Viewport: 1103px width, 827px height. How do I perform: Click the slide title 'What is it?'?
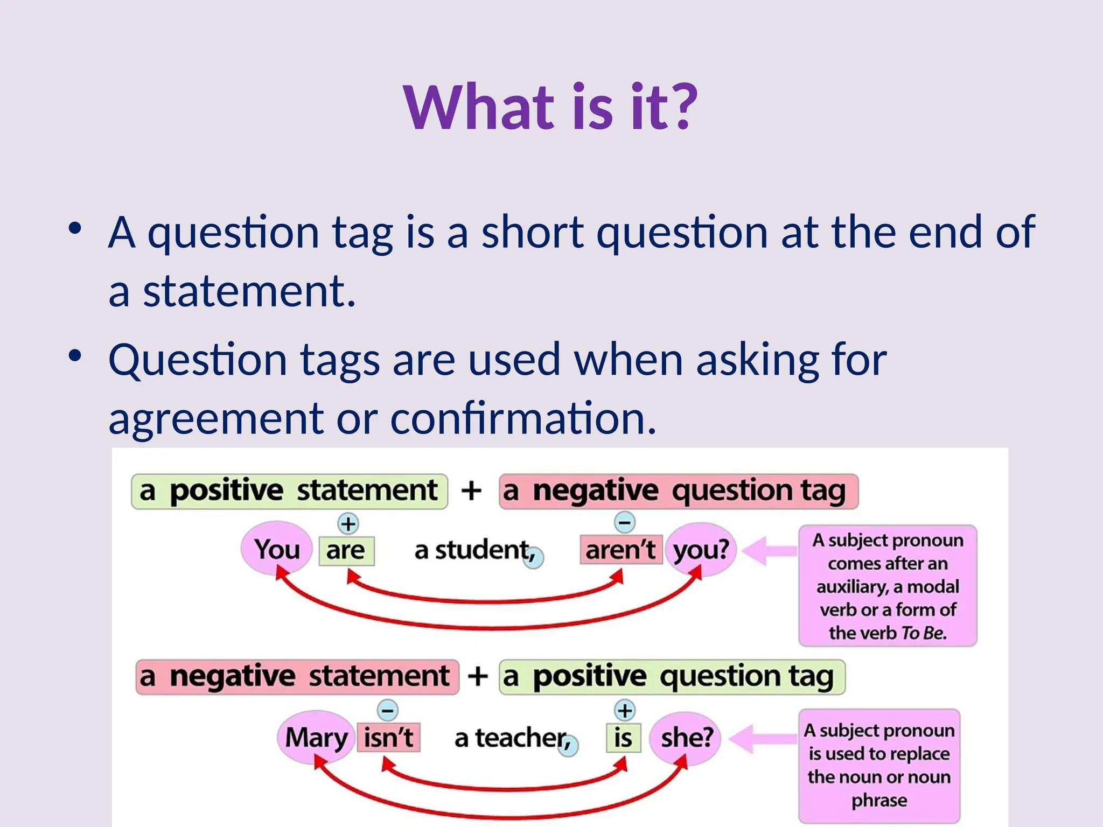(x=550, y=107)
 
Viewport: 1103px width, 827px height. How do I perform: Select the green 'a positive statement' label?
(x=289, y=491)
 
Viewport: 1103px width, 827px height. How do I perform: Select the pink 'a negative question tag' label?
(x=678, y=491)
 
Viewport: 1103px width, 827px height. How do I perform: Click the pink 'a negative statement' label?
(x=297, y=677)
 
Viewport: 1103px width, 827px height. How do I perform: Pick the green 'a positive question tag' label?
(x=672, y=677)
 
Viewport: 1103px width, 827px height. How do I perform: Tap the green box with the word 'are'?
(x=346, y=550)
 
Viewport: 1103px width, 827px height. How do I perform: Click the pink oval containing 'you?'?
(x=701, y=550)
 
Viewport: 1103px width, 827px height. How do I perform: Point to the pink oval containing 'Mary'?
(x=316, y=737)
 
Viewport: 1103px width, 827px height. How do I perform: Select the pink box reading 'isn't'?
(x=388, y=737)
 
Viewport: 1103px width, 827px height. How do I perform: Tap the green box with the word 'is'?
(x=623, y=737)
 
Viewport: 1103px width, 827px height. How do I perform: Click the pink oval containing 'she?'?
(x=686, y=737)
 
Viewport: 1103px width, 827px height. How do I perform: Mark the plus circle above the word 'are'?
(x=348, y=523)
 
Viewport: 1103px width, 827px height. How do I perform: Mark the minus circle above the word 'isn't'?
(x=387, y=710)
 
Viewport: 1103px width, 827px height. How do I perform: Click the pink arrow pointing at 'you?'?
(x=769, y=550)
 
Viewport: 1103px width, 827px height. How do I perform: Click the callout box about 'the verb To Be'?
(x=888, y=586)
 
